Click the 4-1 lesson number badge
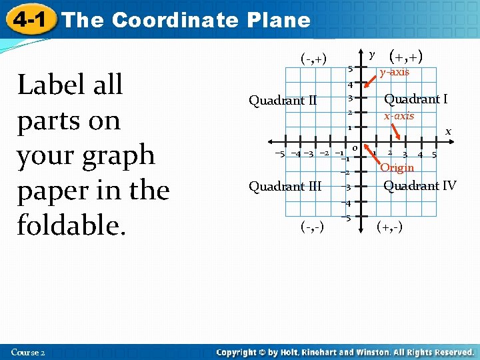coord(29,19)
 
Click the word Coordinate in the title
coord(175,20)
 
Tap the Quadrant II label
coord(283,101)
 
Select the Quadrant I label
coord(415,99)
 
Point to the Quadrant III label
coord(285,186)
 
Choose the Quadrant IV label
coord(420,185)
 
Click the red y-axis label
coord(395,72)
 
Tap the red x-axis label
coord(399,116)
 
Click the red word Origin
coord(397,168)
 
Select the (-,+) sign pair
coord(313,58)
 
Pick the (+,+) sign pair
coord(407,56)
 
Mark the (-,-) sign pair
coord(312,227)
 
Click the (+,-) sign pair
coord(389,227)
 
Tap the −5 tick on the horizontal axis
coord(279,154)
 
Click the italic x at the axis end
coord(448,131)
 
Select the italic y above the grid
coord(373,53)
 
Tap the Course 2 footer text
coord(28,352)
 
